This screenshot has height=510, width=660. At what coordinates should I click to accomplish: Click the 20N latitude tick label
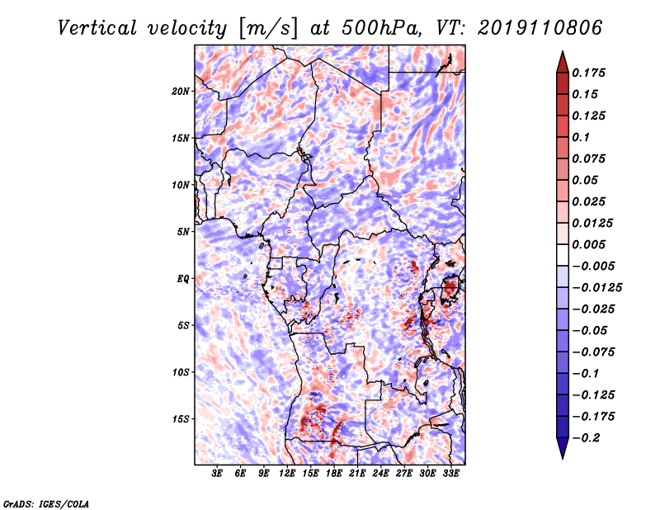coord(180,92)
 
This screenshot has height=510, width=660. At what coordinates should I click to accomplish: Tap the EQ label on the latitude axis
coord(183,279)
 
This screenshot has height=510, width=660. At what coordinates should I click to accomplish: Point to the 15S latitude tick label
coord(180,419)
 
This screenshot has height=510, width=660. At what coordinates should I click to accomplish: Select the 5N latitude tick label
coord(183,232)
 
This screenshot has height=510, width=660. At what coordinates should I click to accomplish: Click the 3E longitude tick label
coord(217,474)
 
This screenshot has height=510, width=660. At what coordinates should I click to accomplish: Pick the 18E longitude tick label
coord(334,474)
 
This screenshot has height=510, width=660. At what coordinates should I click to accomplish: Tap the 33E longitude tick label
coord(450,474)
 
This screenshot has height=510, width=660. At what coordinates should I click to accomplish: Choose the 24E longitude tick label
coord(380,474)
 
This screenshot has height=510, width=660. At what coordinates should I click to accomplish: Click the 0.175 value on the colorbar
coord(588,73)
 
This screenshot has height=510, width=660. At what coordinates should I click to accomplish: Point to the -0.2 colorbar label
coord(586,438)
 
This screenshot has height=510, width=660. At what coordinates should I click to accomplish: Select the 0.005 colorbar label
coord(588,244)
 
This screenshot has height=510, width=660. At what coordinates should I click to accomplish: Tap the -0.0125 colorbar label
coord(596,288)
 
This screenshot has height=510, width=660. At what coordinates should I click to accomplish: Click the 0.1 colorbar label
coord(581,137)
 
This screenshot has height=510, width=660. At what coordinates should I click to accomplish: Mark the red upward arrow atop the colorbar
coord(563,62)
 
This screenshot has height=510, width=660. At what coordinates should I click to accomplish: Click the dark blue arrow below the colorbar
coord(563,448)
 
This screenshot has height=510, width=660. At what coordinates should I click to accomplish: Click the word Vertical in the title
coord(97,28)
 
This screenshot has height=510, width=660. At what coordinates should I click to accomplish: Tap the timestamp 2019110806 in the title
coord(540,28)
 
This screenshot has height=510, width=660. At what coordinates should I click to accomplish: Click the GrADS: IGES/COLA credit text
coord(46,503)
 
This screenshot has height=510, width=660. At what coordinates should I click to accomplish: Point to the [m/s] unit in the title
coord(268,29)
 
